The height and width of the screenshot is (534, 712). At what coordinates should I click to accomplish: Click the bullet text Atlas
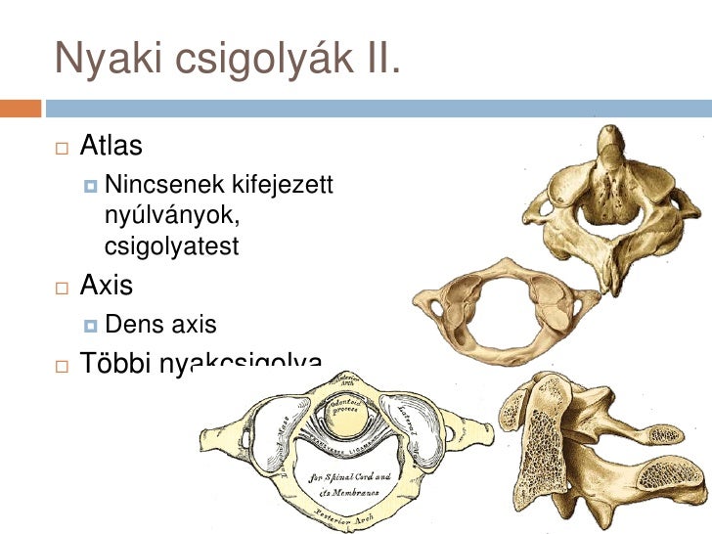[x=111, y=147]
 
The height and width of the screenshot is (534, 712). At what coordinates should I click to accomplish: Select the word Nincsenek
[x=163, y=183]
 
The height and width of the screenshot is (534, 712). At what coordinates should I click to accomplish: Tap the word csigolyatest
[x=171, y=247]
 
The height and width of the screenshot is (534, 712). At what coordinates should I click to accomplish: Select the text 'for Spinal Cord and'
[x=351, y=477]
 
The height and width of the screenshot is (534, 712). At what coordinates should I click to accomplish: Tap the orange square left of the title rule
[x=21, y=107]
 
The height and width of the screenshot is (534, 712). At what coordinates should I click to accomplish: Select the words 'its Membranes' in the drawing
[x=351, y=494]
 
